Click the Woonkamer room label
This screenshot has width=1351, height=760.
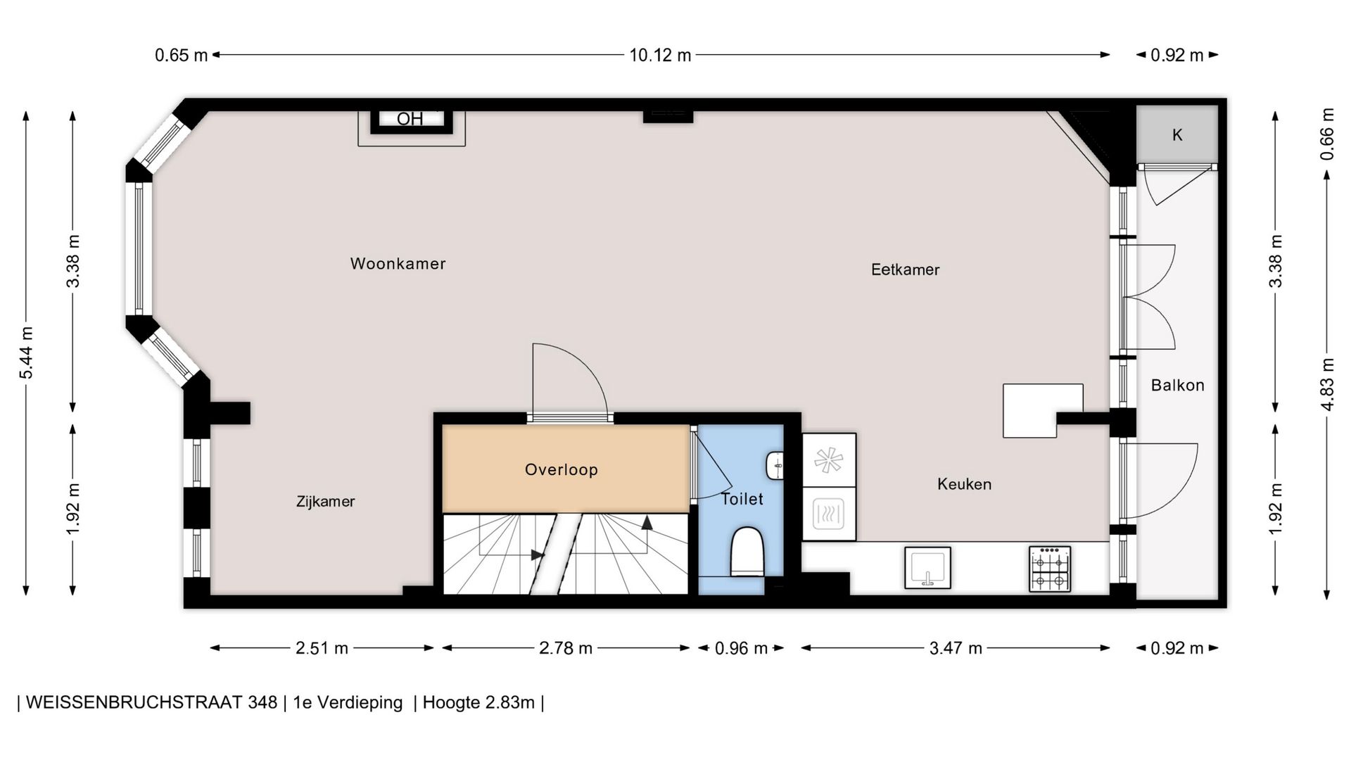[x=398, y=264]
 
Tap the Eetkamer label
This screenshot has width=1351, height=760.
[x=905, y=270]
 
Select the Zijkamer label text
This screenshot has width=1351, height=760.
[x=325, y=502]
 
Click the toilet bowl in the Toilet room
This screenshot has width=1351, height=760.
[x=747, y=552]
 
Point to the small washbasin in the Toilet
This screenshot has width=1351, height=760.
[x=775, y=465]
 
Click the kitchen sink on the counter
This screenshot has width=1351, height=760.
[x=927, y=567]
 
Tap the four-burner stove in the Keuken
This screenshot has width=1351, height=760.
[x=1050, y=569]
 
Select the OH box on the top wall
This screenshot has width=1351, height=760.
[x=411, y=120]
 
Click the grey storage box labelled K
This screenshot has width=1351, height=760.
[x=1177, y=134]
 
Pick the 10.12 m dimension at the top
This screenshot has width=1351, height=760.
[x=660, y=55]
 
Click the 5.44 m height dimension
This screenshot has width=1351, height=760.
[x=26, y=353]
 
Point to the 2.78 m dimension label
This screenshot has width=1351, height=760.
[x=566, y=648]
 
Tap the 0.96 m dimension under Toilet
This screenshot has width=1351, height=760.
[x=741, y=648]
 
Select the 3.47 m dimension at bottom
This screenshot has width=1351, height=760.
[x=956, y=648]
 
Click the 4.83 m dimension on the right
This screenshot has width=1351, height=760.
[x=1327, y=384]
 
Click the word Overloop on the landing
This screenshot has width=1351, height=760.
[x=562, y=469]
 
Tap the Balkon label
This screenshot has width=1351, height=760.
[x=1177, y=385]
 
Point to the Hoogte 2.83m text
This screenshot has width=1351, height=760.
[x=478, y=702]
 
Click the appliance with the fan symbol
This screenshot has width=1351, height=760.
[x=829, y=461]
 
